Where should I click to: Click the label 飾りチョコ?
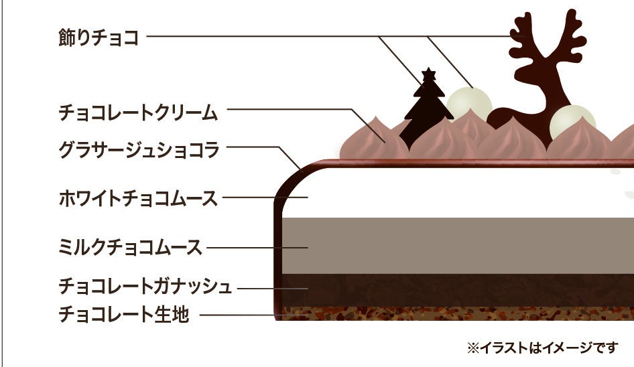pos(99,38)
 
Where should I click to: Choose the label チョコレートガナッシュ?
pos(145,287)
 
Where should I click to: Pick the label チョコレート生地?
pos(124,313)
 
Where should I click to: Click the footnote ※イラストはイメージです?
pos(542,348)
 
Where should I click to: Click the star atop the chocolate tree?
pos(427,74)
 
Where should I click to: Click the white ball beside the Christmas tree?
pos(468,104)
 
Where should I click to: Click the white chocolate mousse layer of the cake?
pos(456,194)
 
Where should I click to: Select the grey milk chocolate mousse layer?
pos(456,245)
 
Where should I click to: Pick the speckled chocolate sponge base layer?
pos(456,313)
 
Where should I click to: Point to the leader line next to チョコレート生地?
pos(238,314)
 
